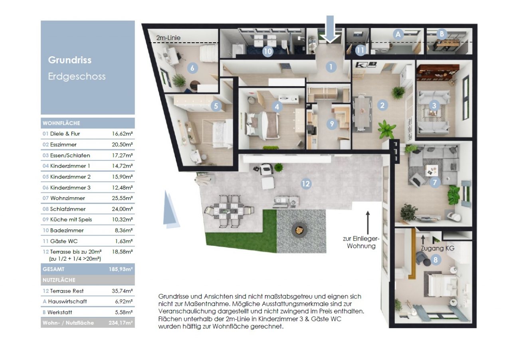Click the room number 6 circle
click(x=192, y=68)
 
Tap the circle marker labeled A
click(x=398, y=34)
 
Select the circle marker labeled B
click(x=442, y=34)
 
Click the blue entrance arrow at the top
click(x=330, y=29)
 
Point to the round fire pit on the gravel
click(x=299, y=230)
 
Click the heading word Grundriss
click(x=69, y=60)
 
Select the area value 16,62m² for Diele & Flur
click(x=122, y=134)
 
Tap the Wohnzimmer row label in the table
click(x=67, y=198)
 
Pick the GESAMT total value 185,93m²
click(x=121, y=269)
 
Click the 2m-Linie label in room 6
click(x=168, y=38)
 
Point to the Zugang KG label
click(x=437, y=248)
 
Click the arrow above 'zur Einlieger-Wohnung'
click(x=368, y=223)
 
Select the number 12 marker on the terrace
click(x=306, y=184)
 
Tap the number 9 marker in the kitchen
click(x=332, y=124)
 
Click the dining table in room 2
click(x=362, y=113)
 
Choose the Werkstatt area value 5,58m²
click(x=124, y=312)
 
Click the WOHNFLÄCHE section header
click(x=61, y=123)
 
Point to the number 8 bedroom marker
click(x=435, y=260)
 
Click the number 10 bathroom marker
click(x=267, y=51)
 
